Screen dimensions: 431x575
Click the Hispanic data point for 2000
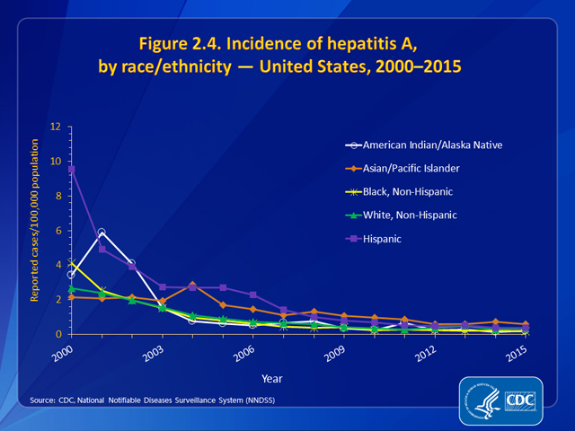click(x=71, y=169)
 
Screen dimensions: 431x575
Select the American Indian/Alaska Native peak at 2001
click(x=102, y=233)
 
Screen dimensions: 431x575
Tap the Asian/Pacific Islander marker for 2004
click(x=192, y=285)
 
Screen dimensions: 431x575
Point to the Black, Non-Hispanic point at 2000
click(x=71, y=263)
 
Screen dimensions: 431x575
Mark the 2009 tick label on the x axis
click(x=335, y=349)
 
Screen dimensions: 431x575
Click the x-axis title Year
click(x=296, y=377)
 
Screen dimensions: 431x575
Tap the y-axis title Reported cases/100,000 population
click(x=35, y=231)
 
